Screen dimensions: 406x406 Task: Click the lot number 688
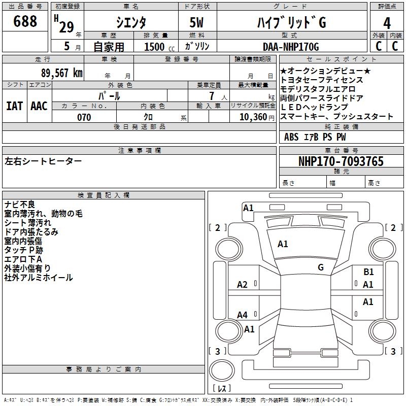tap(25, 21)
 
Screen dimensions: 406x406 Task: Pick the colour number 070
tap(84, 117)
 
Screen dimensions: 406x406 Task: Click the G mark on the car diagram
tap(321, 267)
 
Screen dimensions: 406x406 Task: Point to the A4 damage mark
tap(243, 315)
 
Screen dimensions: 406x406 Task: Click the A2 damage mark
tap(243, 285)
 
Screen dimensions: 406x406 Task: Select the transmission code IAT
tap(15, 106)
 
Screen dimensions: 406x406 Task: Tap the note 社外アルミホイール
tap(39, 278)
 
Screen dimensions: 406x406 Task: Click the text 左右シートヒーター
tap(43, 161)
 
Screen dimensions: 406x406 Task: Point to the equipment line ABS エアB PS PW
tap(315, 137)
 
